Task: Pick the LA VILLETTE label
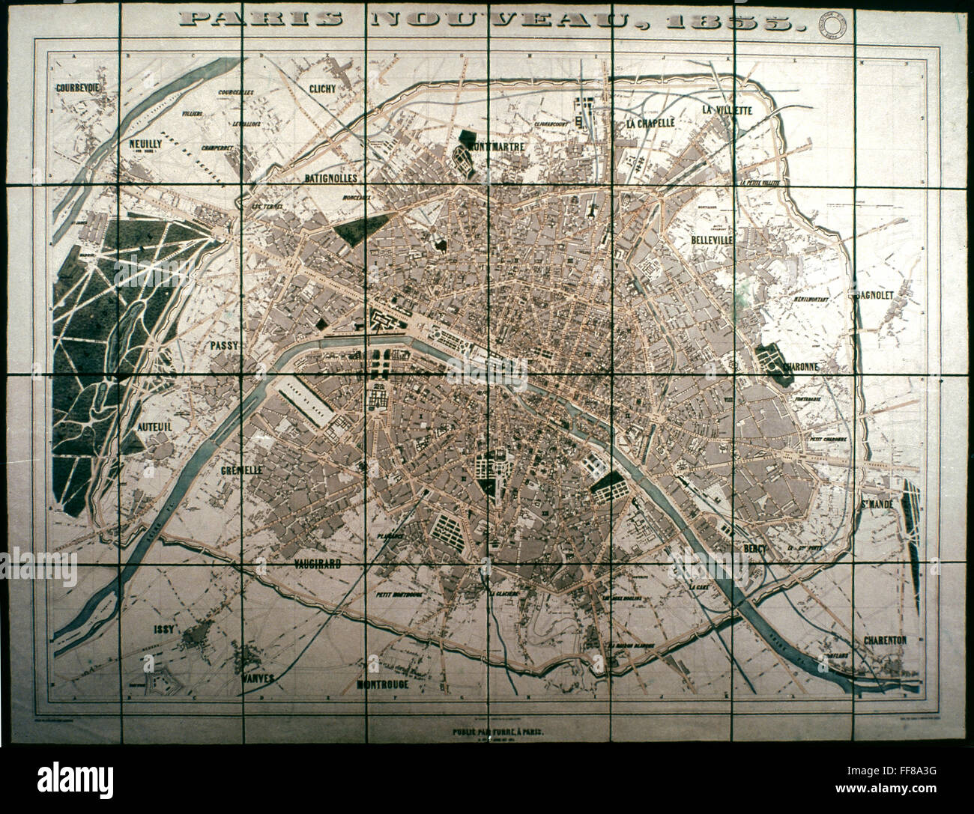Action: tap(727, 109)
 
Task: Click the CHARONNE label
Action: tap(801, 367)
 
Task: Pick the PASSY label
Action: tap(223, 345)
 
